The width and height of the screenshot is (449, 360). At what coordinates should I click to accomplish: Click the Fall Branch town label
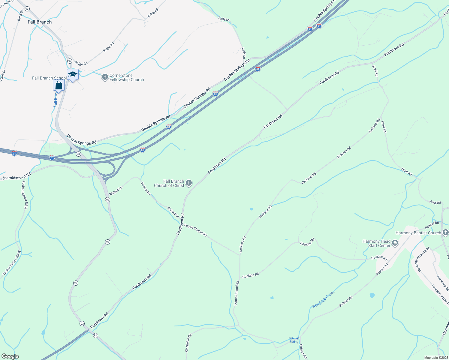coord(40,22)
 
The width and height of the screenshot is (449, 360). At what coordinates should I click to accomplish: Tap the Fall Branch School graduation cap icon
coord(73,74)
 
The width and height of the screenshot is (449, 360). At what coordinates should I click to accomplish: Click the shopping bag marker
coord(59,85)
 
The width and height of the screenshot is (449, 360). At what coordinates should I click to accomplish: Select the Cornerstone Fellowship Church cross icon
coord(105,77)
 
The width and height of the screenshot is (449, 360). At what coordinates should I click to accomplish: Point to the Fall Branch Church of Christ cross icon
coord(189,183)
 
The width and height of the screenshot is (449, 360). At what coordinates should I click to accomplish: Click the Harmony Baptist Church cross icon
coord(445,232)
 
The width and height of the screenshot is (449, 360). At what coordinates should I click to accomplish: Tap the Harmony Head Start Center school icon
coord(395,243)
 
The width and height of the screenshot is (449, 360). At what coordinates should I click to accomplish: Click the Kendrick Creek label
coord(323,299)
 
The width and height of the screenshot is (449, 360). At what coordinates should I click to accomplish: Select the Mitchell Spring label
coord(294,340)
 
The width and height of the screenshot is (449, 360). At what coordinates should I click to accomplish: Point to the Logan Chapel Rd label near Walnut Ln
coord(195,230)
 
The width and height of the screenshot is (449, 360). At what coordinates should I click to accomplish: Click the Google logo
coord(10,356)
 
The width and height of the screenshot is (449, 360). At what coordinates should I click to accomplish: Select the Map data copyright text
coord(436,358)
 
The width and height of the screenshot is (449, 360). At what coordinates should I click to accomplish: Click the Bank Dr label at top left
coord(20,15)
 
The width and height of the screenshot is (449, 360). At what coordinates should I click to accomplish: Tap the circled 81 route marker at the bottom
coord(95,335)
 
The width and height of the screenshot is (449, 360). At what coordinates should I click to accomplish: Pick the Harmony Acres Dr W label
coord(423,259)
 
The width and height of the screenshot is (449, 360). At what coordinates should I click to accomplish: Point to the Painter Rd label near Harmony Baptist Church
coord(432,225)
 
